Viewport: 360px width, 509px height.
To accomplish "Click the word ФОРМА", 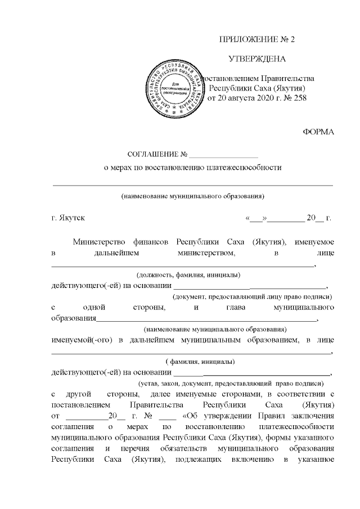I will pyautogui.click(x=318, y=132).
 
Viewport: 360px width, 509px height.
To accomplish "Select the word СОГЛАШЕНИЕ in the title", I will pyautogui.click(x=153, y=154).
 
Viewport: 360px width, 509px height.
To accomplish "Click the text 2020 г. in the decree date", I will pyautogui.click(x=259, y=98).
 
